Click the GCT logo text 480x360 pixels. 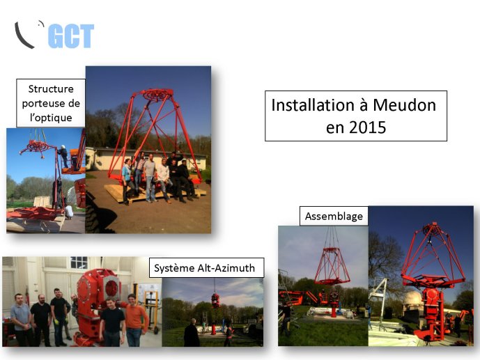point(71,36)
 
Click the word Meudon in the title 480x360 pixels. point(404,105)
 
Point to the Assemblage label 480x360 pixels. point(334,217)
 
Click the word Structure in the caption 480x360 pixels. point(51,88)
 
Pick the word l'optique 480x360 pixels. point(51,118)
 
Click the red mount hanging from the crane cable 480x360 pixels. point(215,300)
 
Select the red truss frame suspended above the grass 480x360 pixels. point(332,265)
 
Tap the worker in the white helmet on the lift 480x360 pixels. point(63,156)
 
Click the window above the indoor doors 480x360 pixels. point(79,263)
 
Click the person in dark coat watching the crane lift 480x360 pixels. point(192,333)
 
